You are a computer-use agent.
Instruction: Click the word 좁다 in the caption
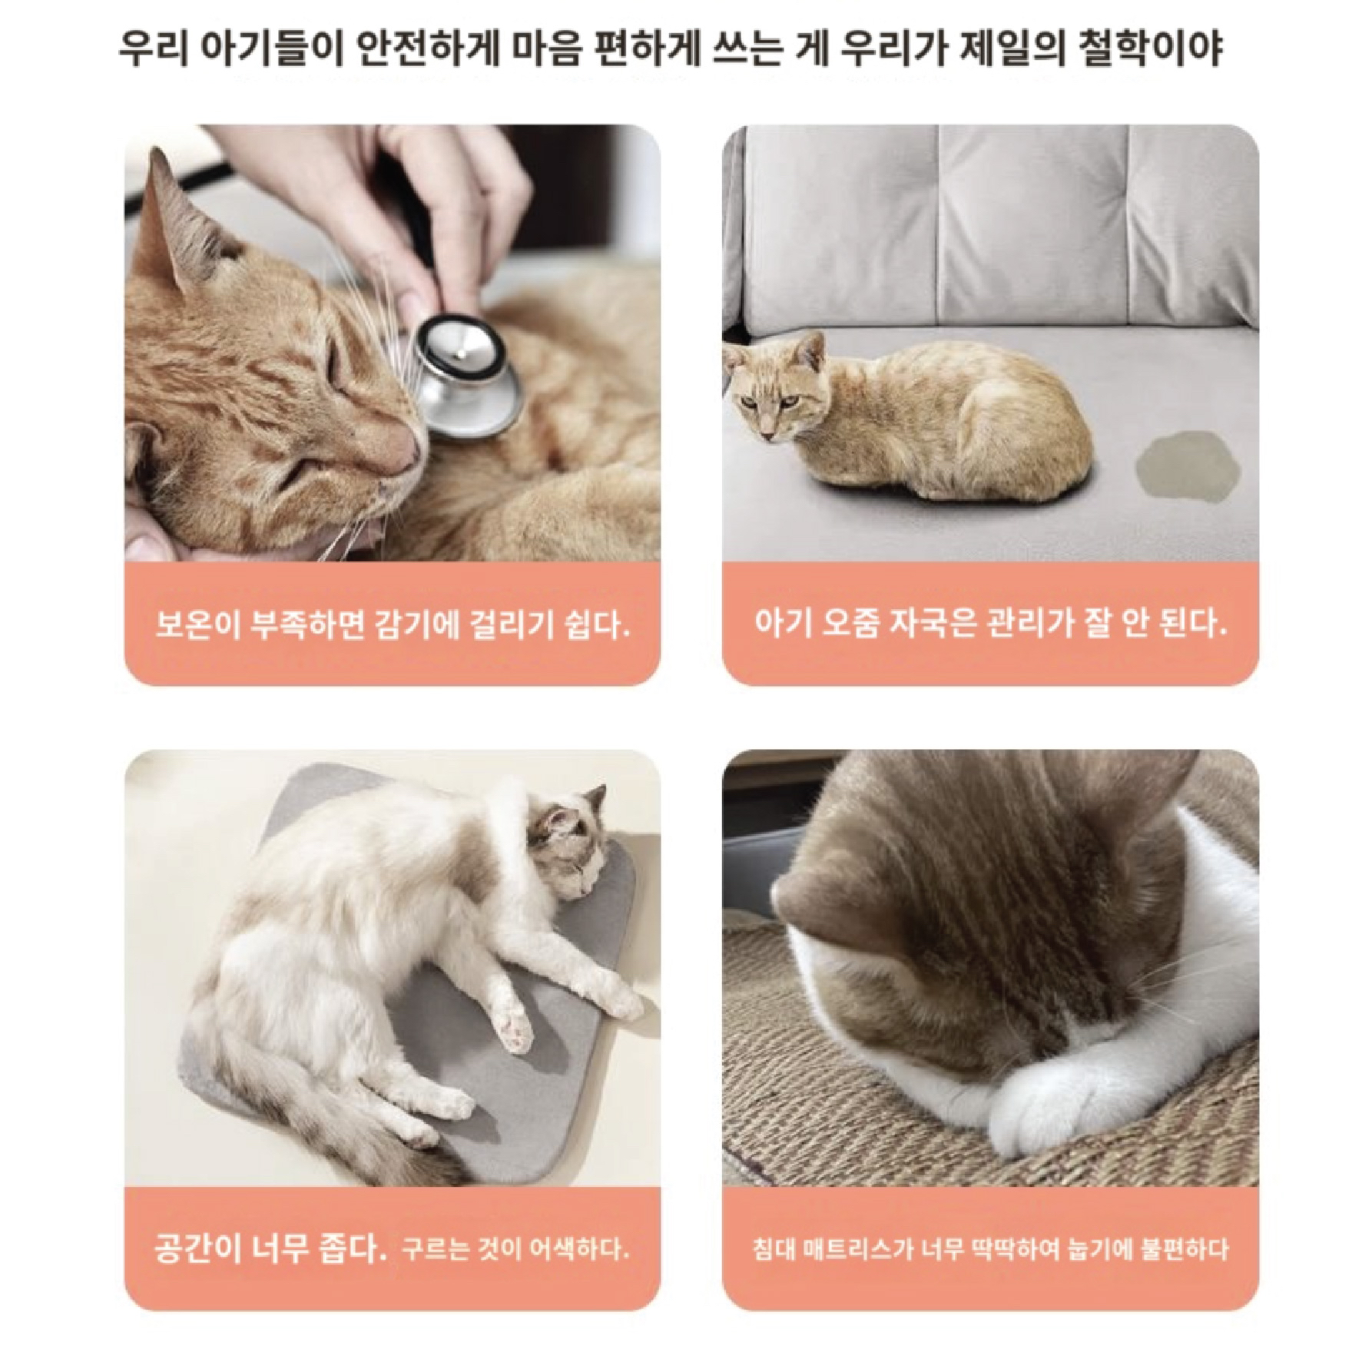tap(351, 1249)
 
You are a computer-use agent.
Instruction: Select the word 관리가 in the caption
tap(1029, 624)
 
